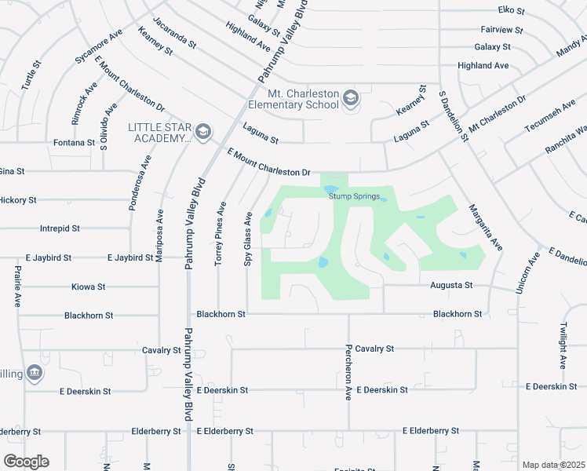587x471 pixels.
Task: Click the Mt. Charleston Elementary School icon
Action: pyautogui.click(x=350, y=98)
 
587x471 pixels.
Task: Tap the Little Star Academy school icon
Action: pyautogui.click(x=203, y=132)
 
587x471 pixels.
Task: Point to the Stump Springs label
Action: pyautogui.click(x=355, y=196)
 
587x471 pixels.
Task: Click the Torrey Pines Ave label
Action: pyautogui.click(x=222, y=232)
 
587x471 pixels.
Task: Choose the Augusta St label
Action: pyautogui.click(x=451, y=286)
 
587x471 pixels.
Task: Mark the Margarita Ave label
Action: pyautogui.click(x=486, y=228)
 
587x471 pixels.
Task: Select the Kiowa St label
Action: pyautogui.click(x=88, y=287)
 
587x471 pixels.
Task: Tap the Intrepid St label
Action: pyautogui.click(x=60, y=228)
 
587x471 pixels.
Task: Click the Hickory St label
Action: pyautogui.click(x=17, y=200)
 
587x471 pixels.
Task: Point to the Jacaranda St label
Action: pyautogui.click(x=174, y=33)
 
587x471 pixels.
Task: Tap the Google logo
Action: pyautogui.click(x=26, y=462)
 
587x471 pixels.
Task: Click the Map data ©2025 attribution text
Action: pyautogui.click(x=553, y=465)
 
